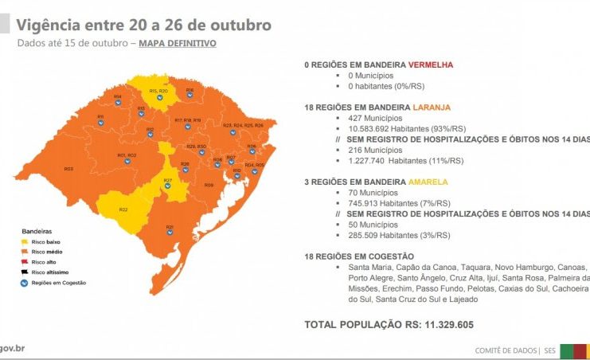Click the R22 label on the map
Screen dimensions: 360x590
click(124, 209)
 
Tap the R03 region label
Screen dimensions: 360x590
click(68, 169)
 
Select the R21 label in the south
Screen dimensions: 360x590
click(170, 227)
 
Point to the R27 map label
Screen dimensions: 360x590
click(168, 180)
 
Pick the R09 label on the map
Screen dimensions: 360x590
click(209, 185)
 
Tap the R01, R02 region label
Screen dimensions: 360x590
click(127, 155)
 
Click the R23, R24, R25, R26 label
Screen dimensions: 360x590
click(243, 125)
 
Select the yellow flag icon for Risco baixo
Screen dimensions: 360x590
click(25, 241)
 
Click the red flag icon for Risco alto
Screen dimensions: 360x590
click(25, 262)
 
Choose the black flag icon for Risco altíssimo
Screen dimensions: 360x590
click(25, 272)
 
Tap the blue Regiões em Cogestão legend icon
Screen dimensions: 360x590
click(25, 283)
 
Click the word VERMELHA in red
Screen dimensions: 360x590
click(435, 63)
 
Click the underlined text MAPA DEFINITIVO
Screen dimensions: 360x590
click(177, 43)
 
